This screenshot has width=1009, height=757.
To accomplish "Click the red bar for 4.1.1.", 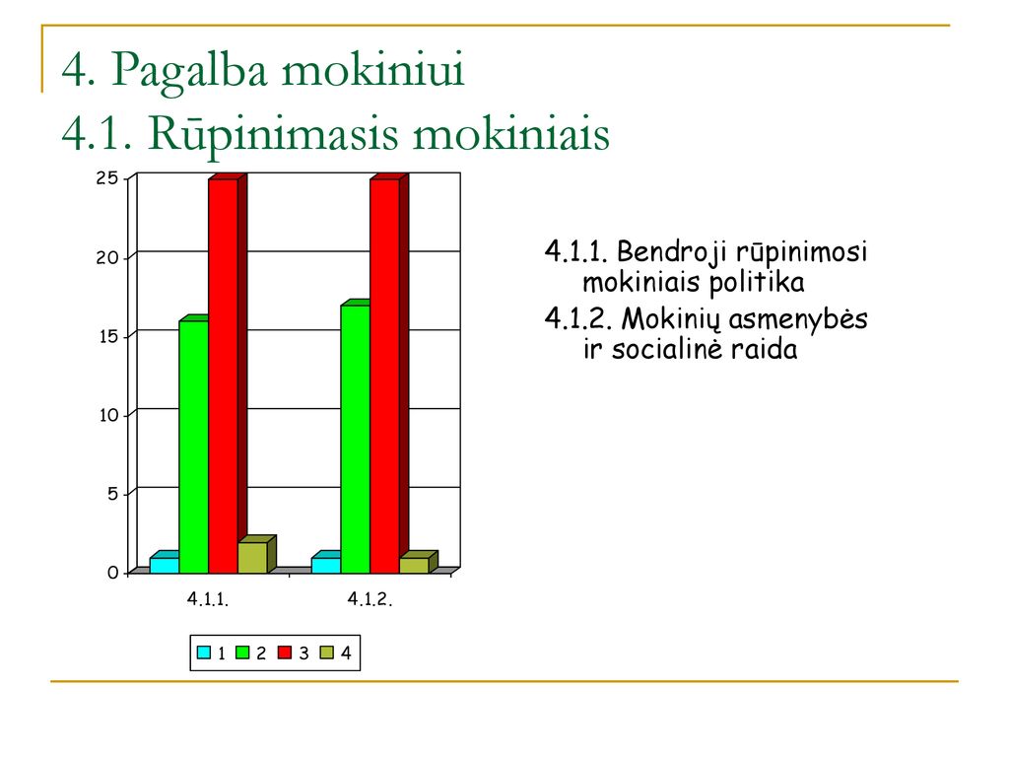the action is (x=224, y=376).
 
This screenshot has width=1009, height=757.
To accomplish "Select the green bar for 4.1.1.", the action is (x=194, y=447).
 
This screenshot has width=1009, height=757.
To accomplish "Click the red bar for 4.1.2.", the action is (x=385, y=376).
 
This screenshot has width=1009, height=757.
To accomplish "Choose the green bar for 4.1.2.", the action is (x=355, y=439).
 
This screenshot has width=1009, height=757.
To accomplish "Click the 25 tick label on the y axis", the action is (x=107, y=178).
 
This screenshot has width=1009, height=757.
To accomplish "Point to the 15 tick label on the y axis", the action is (x=108, y=337).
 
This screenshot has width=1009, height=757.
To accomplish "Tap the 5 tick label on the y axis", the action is (x=113, y=494).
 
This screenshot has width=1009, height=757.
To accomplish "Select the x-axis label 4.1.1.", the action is (x=208, y=599).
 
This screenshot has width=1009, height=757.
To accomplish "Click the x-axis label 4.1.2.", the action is (x=370, y=599).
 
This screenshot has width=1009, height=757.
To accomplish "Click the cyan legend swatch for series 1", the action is (x=203, y=653).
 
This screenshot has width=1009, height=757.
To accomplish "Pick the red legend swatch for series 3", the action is (x=285, y=653).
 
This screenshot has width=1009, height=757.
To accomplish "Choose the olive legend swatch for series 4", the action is (x=327, y=653).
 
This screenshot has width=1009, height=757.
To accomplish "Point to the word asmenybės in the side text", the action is (x=798, y=320).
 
